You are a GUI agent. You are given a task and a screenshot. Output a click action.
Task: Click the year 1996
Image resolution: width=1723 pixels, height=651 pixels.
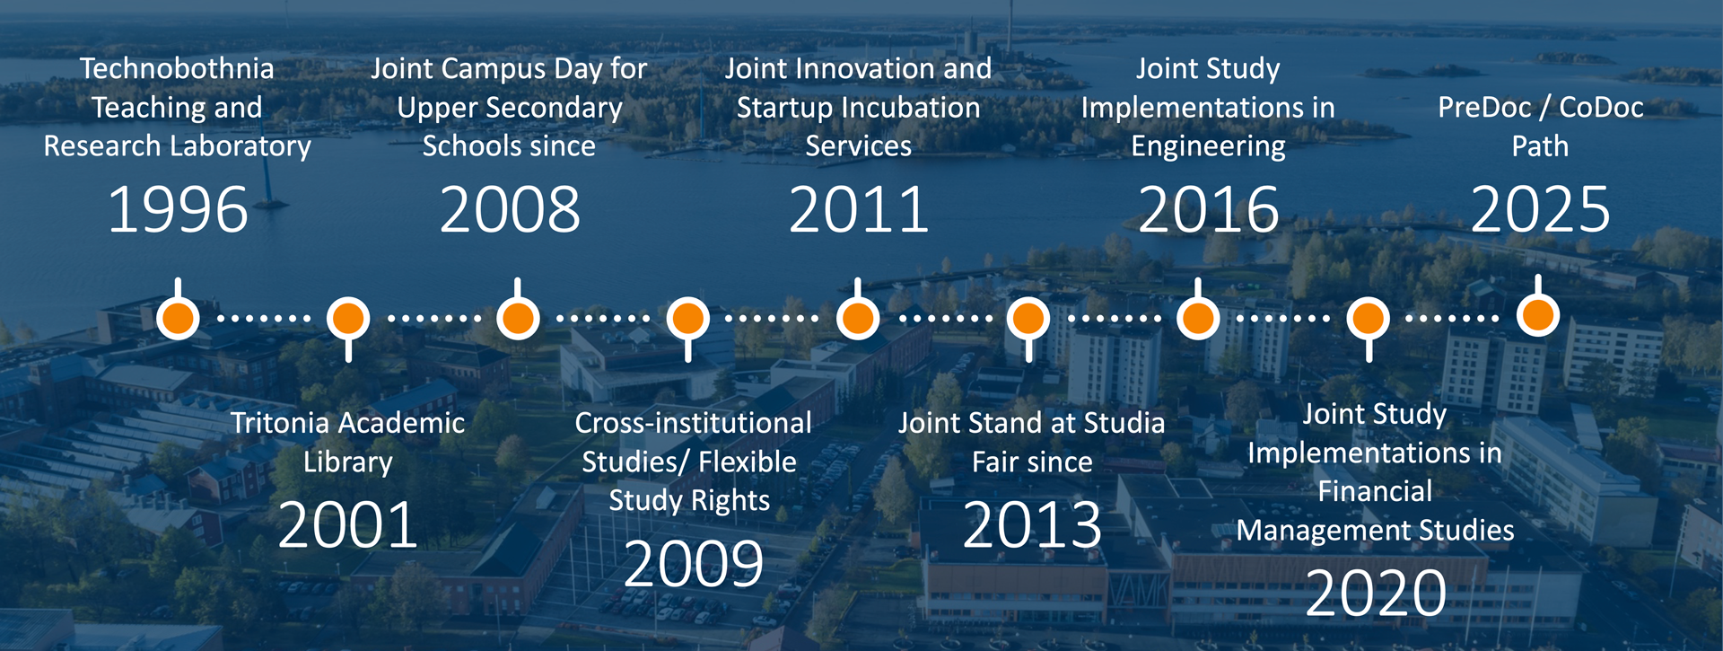click(x=178, y=210)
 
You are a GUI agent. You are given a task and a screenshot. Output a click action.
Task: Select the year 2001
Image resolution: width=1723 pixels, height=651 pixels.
click(x=348, y=525)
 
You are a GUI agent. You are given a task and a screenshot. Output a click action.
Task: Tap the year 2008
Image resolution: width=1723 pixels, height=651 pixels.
click(x=510, y=210)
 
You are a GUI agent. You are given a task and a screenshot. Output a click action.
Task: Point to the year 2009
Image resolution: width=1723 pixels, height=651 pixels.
click(x=694, y=564)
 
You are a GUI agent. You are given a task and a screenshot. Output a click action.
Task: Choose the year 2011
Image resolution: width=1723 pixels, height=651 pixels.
click(x=859, y=210)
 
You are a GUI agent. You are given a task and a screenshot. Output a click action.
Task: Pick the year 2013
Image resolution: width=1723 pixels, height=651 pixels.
click(x=1032, y=525)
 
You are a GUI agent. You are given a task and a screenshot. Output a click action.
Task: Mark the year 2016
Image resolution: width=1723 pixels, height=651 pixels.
click(x=1208, y=210)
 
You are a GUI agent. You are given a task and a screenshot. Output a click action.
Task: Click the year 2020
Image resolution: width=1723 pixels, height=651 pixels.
click(x=1376, y=594)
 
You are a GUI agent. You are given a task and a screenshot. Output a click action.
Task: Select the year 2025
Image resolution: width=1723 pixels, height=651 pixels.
click(x=1540, y=210)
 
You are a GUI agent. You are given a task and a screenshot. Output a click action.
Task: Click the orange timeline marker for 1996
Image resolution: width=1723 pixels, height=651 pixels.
click(x=178, y=318)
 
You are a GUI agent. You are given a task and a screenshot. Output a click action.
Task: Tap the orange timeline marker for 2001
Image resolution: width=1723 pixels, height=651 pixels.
click(x=348, y=319)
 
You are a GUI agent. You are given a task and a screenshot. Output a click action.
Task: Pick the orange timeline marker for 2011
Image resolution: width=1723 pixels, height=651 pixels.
click(x=858, y=318)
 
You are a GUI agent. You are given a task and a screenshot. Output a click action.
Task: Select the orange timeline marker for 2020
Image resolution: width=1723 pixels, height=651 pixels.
click(x=1369, y=319)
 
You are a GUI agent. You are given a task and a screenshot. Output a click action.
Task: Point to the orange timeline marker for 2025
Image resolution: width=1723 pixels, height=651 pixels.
click(x=1538, y=315)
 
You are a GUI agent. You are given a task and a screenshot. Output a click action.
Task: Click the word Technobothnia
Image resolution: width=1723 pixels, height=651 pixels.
click(x=177, y=68)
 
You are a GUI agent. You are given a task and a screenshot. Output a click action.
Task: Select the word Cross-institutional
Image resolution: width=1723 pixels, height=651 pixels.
click(x=694, y=423)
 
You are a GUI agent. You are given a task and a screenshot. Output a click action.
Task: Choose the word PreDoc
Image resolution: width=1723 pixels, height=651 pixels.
click(x=1484, y=108)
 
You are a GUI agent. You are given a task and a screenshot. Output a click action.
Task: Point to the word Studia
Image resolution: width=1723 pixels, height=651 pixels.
click(x=1124, y=423)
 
